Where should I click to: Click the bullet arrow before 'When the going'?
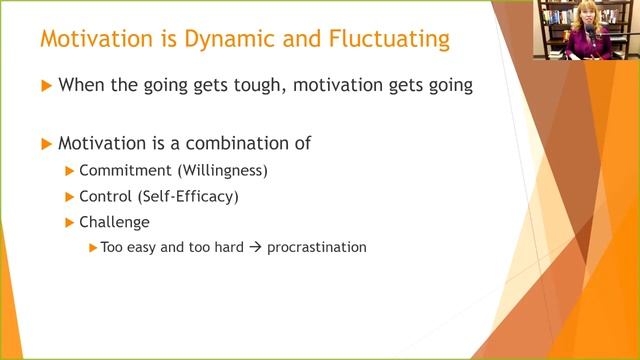click(45, 87)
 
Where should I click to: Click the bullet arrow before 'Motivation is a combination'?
click(45, 144)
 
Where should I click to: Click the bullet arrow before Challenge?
click(70, 222)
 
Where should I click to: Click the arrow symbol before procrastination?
click(256, 246)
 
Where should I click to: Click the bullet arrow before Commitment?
click(70, 171)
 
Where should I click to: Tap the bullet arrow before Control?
click(70, 197)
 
